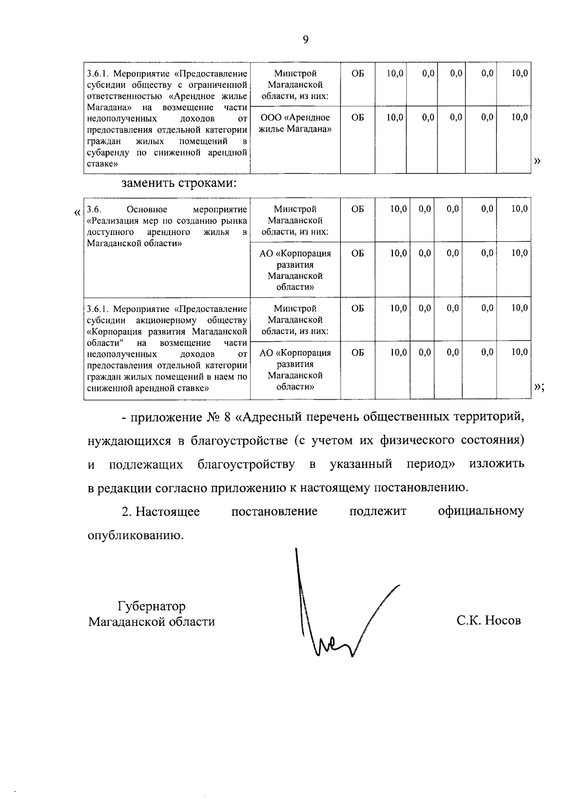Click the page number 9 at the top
point(305,40)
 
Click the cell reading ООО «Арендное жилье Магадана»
point(295,123)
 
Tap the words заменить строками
point(179,184)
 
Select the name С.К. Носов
point(488,621)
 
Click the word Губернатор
point(152,606)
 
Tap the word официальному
point(481,511)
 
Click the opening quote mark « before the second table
point(77,213)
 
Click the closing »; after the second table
point(539,387)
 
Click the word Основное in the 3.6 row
point(147,210)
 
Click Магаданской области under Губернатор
point(151,622)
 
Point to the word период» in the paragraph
point(430,464)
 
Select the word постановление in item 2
point(274,511)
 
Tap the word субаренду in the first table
point(108,153)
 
